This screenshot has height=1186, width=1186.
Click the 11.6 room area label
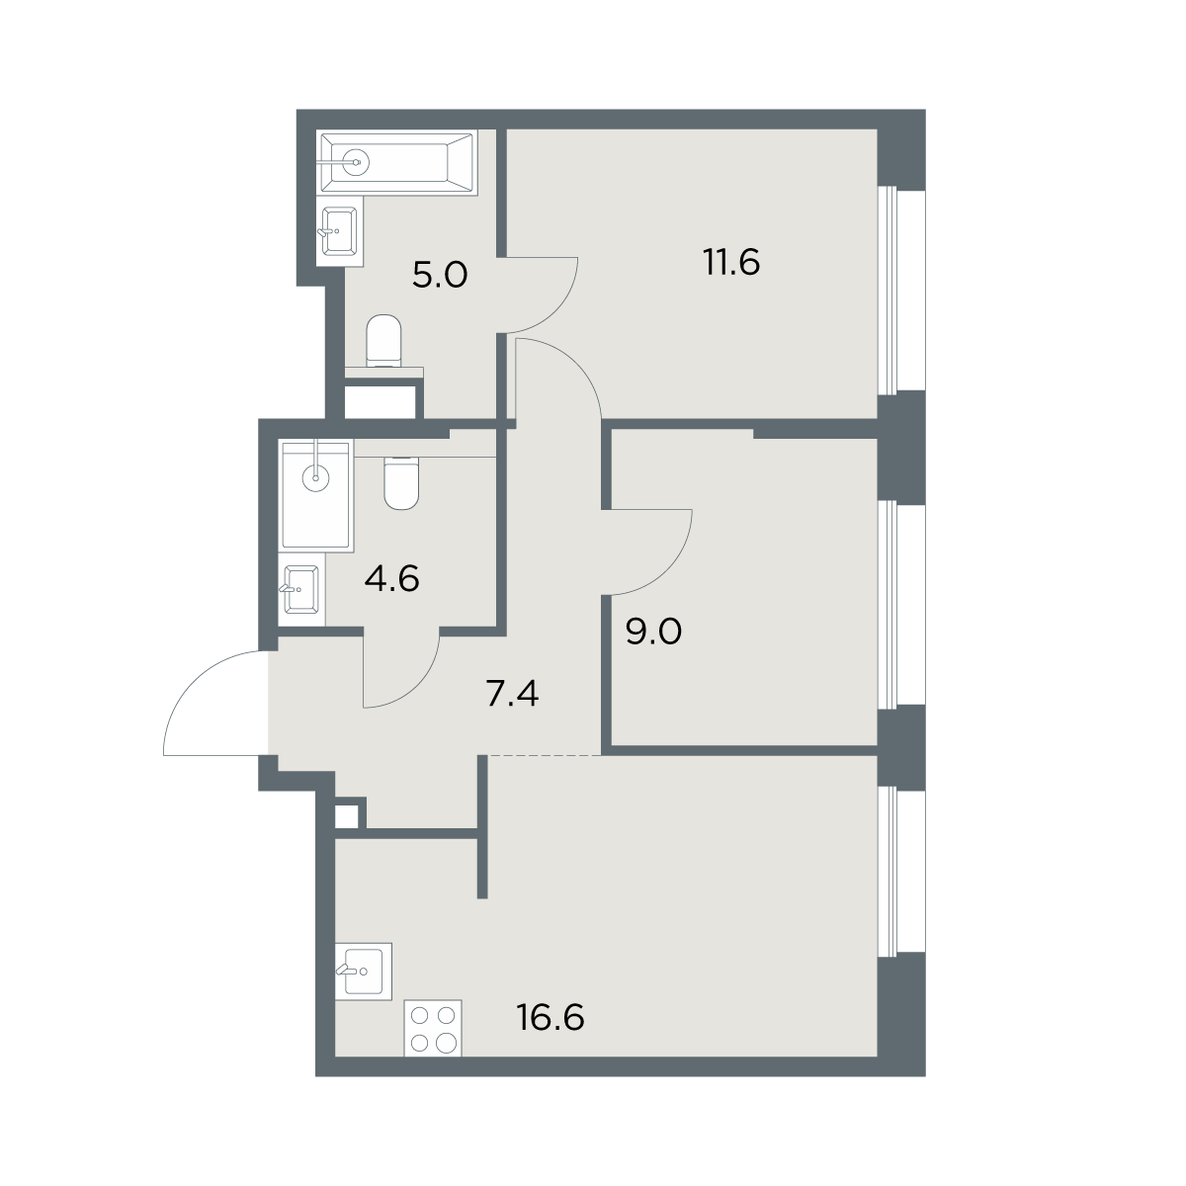coord(730,262)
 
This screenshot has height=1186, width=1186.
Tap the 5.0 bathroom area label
coord(440,275)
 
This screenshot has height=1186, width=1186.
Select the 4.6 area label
coord(392,578)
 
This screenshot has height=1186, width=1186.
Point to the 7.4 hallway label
coord(512,694)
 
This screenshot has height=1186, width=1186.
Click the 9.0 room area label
coord(653,632)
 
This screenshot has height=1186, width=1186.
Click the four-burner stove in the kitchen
coord(433,1028)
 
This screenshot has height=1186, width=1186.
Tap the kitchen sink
coord(363,972)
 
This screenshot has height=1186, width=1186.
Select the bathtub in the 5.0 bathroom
coord(398,162)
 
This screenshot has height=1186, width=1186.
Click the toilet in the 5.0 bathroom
coord(383,340)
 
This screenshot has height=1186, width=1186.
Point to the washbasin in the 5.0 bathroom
coord(339,231)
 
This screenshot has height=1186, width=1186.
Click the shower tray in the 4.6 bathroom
coord(317,494)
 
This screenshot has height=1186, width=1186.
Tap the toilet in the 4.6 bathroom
coord(401,482)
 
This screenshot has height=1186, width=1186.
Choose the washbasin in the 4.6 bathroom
coord(301,589)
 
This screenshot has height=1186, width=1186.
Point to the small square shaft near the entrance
coord(347,816)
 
